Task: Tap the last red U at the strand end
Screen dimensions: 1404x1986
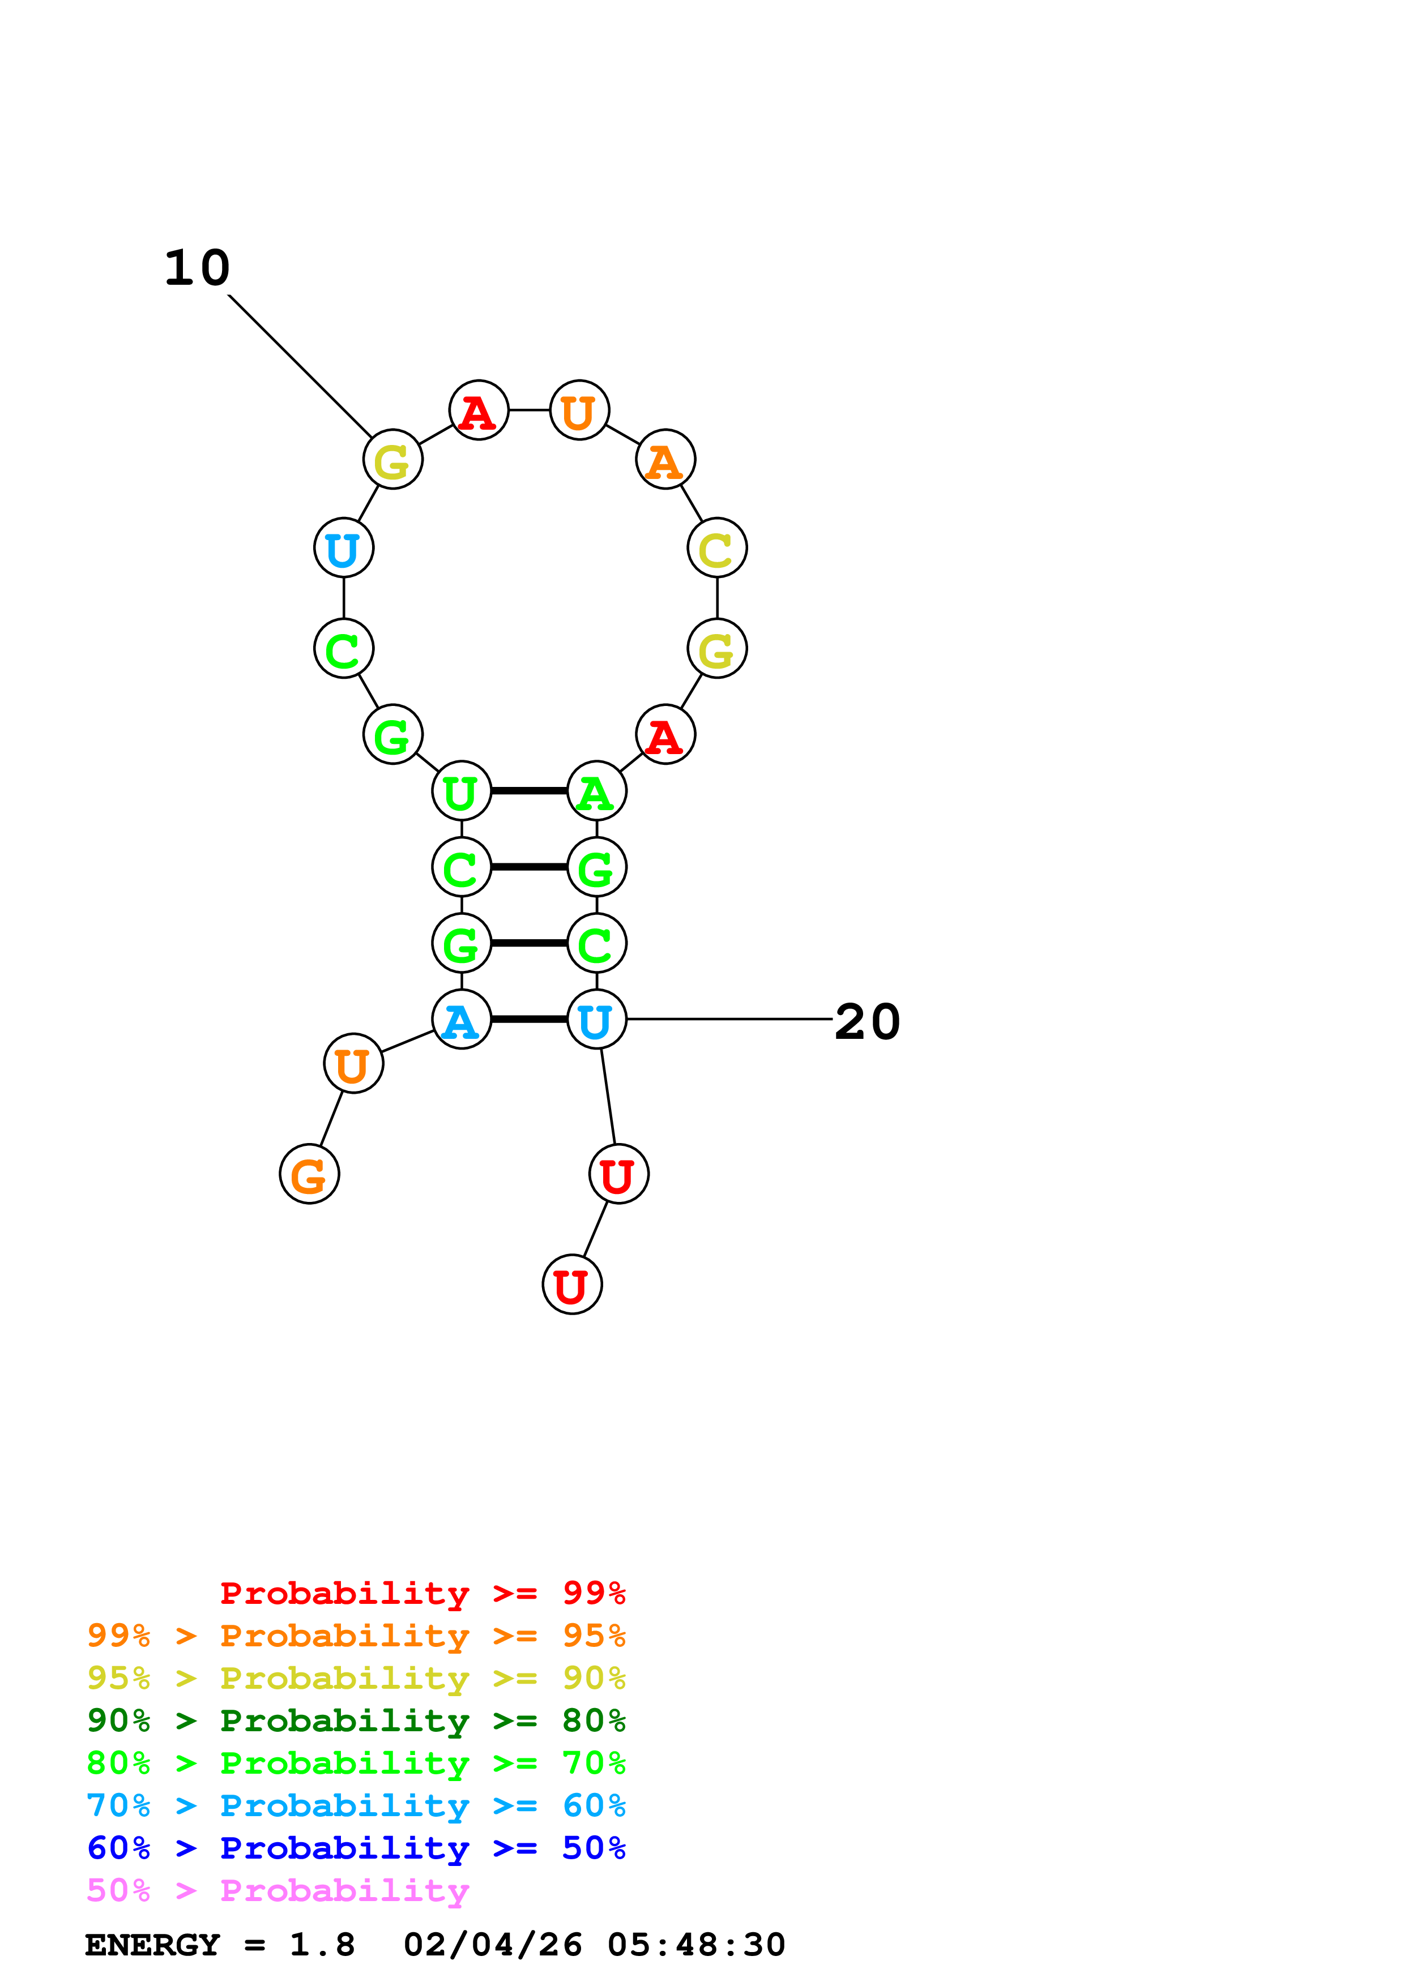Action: point(572,1285)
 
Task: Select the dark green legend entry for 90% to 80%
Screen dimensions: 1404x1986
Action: point(356,1720)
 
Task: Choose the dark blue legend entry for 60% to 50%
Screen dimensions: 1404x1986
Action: point(356,1848)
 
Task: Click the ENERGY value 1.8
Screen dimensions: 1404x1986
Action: point(322,1945)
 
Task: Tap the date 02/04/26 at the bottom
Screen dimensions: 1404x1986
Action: point(492,1945)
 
